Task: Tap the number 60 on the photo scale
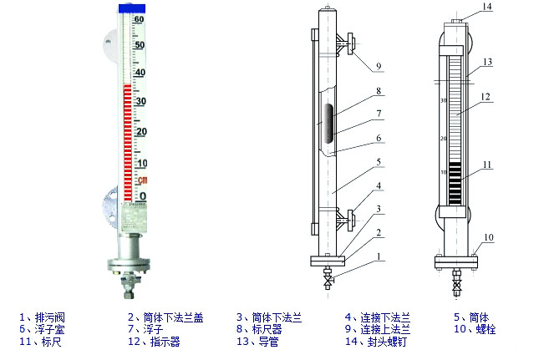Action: [140, 19]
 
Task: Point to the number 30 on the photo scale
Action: [140, 101]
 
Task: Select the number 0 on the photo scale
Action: [141, 196]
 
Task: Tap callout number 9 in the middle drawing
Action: [378, 66]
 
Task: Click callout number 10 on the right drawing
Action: [489, 237]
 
